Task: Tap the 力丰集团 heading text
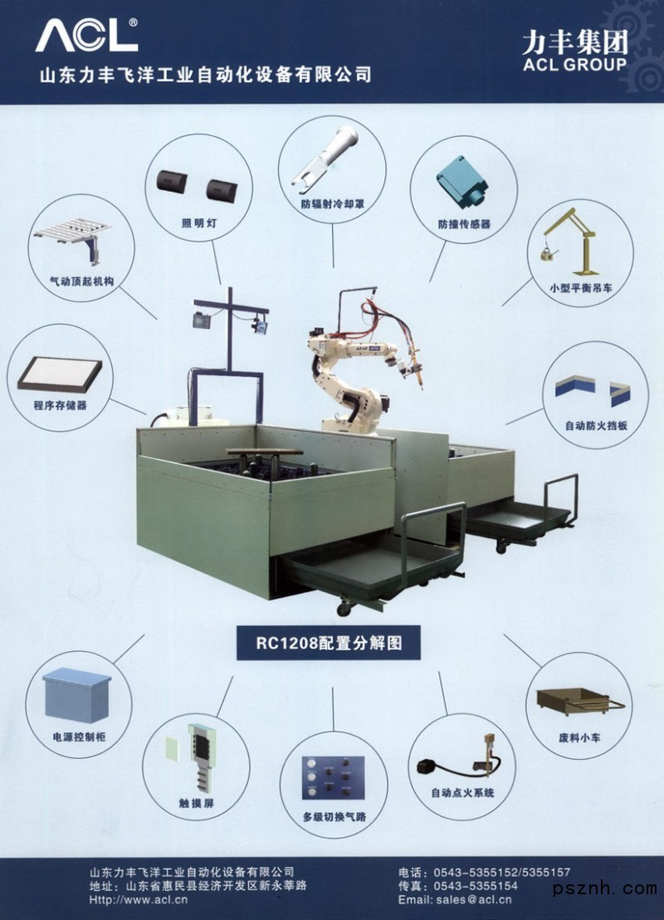click(x=575, y=42)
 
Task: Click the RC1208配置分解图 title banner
click(x=329, y=643)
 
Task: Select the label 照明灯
click(x=199, y=223)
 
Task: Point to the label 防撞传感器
click(x=464, y=224)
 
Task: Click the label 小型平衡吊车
click(x=581, y=288)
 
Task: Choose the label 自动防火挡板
click(x=596, y=425)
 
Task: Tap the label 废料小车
click(x=579, y=737)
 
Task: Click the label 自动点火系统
click(x=463, y=793)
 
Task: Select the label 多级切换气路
click(x=334, y=817)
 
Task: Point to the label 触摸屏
click(x=197, y=803)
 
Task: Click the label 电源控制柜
click(x=79, y=737)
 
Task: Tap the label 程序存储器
click(x=61, y=405)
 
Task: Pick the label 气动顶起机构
click(x=81, y=281)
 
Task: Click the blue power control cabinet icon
click(x=77, y=695)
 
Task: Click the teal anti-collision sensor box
click(x=463, y=180)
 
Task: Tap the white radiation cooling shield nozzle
click(x=325, y=159)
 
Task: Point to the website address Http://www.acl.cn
click(x=139, y=899)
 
